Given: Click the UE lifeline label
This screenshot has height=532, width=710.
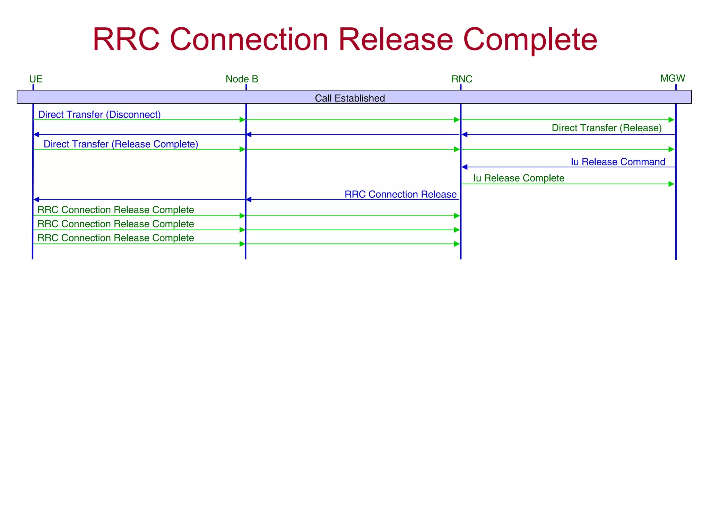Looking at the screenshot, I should [36, 79].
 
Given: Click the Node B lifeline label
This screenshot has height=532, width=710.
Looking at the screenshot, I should [242, 79].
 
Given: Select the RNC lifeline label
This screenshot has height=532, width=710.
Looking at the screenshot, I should [461, 79].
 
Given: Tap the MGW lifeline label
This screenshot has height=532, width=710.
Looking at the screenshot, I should [672, 78].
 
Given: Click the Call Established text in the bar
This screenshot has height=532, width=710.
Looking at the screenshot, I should [349, 98].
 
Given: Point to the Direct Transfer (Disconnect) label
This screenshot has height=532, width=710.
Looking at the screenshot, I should [99, 114].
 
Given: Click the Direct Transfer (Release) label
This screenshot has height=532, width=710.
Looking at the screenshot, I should [606, 128].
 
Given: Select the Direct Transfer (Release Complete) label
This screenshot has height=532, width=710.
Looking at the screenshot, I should [121, 144].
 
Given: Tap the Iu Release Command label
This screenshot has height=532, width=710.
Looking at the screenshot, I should [618, 162].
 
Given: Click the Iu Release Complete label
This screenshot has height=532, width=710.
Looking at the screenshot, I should [518, 178].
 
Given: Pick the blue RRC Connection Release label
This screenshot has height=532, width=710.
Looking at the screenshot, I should [400, 194].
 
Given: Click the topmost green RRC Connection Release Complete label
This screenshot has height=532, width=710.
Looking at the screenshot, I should [115, 210].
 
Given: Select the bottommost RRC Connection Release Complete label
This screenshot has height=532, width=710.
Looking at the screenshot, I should [115, 238].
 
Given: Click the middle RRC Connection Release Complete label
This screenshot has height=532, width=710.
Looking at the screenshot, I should [115, 224].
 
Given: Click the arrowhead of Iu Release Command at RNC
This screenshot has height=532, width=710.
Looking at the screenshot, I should [465, 167].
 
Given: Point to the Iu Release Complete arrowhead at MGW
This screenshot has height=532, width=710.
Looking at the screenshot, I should [671, 184].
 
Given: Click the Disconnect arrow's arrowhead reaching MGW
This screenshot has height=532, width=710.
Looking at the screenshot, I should [671, 120].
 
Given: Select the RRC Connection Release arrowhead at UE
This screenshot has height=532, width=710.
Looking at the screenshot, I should [36, 199].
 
